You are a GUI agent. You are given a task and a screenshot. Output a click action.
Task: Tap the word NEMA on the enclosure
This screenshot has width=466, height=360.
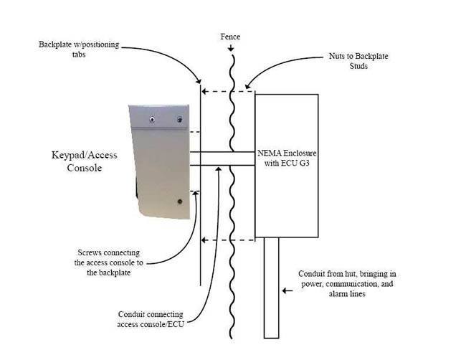click(x=270, y=153)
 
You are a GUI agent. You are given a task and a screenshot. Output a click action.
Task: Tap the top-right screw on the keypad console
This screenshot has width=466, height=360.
click(x=179, y=120)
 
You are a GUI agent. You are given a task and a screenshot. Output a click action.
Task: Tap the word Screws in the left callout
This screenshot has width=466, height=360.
click(x=91, y=252)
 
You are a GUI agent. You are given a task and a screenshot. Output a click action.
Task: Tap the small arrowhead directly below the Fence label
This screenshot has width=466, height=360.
click(x=230, y=48)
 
